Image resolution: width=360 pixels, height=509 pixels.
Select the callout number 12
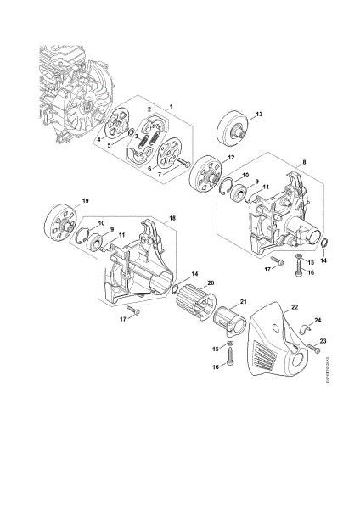tap(231, 158)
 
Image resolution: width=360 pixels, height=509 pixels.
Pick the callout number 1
tap(171, 105)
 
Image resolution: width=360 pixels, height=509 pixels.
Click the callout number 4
tap(100, 137)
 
